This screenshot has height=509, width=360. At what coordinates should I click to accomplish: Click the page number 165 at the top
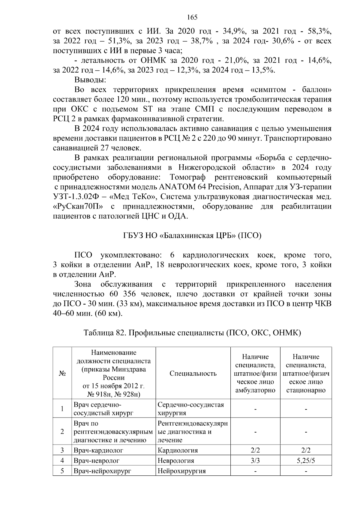[192, 17]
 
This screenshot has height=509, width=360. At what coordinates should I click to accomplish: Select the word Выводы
[90, 80]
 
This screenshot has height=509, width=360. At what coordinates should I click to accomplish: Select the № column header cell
[62, 373]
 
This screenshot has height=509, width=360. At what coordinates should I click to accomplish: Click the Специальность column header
[193, 373]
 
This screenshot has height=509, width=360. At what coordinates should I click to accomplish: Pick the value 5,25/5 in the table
[306, 460]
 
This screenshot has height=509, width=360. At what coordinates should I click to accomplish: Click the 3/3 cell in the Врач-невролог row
[255, 460]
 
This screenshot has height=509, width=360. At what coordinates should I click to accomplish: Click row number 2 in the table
[62, 432]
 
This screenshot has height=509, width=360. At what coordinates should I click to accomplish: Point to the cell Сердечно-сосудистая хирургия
[190, 409]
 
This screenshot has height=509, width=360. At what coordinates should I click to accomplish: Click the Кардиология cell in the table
[178, 450]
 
